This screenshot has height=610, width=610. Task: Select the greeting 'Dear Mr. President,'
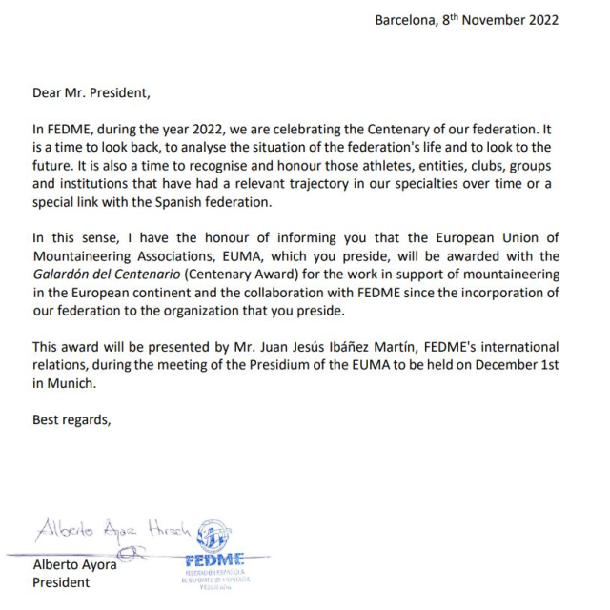coord(91,93)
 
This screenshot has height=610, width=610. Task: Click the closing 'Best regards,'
coord(72,418)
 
